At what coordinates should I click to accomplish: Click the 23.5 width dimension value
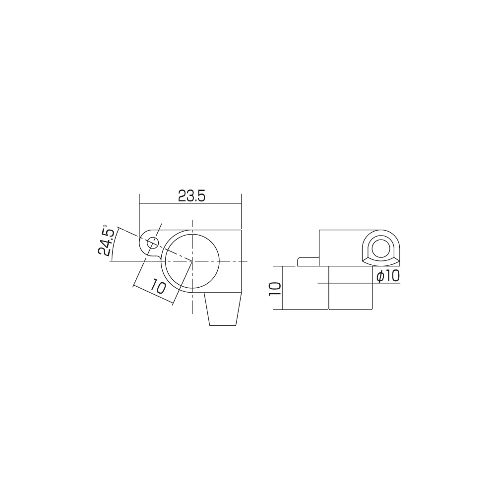tap(191, 196)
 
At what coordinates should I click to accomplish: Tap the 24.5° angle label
tap(106, 241)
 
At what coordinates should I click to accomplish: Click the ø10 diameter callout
tap(388, 276)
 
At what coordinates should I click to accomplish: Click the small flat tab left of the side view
tap(308, 261)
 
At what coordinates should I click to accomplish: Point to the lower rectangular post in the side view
tap(350, 288)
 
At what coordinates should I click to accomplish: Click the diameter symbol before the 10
tap(380, 276)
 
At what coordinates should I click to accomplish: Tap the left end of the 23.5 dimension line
tap(140, 203)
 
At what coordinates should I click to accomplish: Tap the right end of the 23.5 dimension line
tap(241, 203)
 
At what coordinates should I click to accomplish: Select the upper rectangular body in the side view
tap(342, 247)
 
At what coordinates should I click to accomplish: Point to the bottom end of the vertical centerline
tap(192, 313)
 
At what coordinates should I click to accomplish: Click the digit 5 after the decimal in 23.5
tap(201, 196)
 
